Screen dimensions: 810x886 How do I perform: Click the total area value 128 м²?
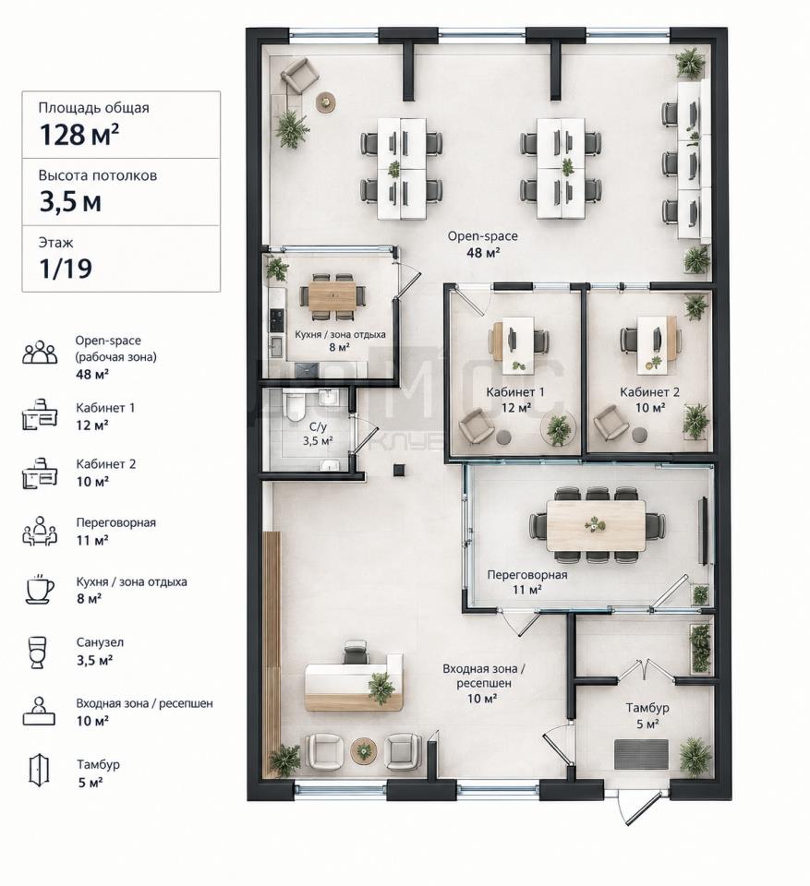click(79, 135)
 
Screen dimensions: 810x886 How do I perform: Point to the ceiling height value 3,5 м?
click(70, 202)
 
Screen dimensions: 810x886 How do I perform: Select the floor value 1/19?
click(66, 269)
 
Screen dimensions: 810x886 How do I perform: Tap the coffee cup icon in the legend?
click(40, 590)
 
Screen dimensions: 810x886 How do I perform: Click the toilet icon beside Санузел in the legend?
click(38, 653)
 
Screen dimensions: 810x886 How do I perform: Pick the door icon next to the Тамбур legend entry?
click(39, 770)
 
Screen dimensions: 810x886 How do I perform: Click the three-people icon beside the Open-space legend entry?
click(40, 352)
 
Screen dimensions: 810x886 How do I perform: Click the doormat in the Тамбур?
click(641, 754)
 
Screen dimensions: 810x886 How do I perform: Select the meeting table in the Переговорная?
click(597, 526)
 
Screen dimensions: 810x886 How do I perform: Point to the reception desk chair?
click(356, 653)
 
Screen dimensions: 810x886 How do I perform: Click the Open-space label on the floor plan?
click(482, 236)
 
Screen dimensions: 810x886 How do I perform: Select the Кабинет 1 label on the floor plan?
click(515, 392)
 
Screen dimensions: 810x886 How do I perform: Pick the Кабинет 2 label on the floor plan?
click(649, 392)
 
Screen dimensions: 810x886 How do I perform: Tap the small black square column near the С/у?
click(399, 469)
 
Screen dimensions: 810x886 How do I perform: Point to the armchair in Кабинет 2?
click(610, 422)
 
